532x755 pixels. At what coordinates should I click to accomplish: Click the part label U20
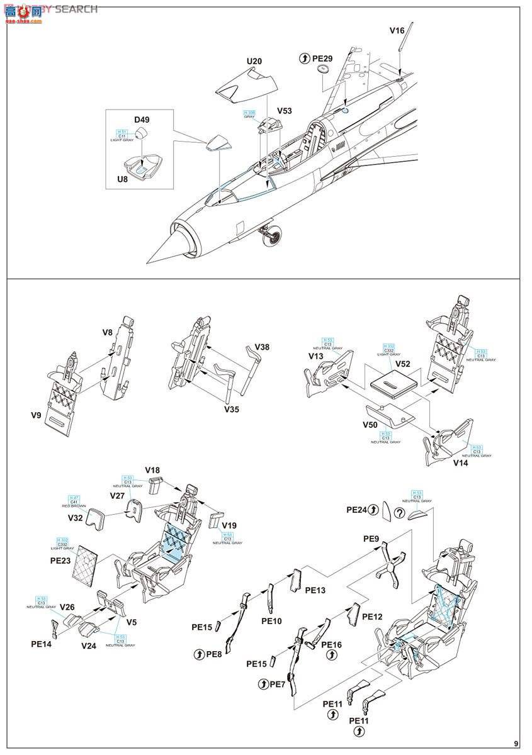pos(254,61)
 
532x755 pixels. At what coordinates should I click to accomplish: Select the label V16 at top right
pos(397,30)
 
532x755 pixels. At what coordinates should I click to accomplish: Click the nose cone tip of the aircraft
pos(149,262)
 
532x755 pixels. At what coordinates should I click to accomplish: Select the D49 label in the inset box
pos(142,120)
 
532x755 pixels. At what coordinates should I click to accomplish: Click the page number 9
pos(516,743)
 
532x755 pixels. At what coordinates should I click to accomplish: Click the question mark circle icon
pos(399,512)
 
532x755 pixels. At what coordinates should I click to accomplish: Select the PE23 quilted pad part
pos(88,564)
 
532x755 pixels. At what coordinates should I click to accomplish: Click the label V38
pos(262,347)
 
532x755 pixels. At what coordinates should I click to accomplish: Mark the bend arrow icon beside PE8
pos(200,654)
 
